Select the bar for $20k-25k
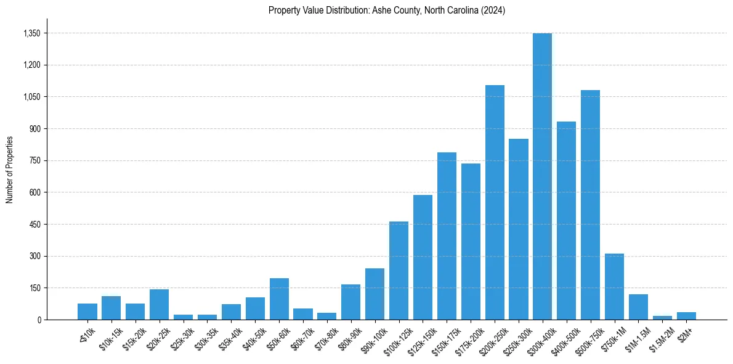(x=159, y=304)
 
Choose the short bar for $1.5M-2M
(x=662, y=318)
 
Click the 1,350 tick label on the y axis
(x=31, y=33)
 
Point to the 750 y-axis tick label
(x=34, y=160)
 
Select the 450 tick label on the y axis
(x=34, y=225)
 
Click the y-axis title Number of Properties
(x=9, y=170)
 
